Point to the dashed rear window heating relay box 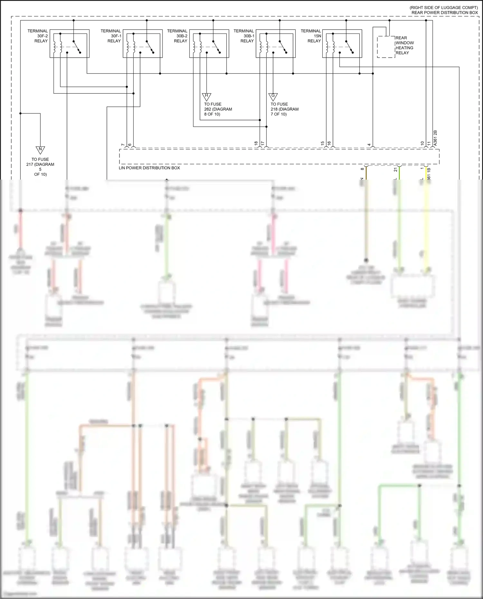[x=386, y=47]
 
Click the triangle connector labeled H [x=206, y=96]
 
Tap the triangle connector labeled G [x=273, y=96]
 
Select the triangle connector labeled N [x=40, y=150]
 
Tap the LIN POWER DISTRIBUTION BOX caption [x=149, y=168]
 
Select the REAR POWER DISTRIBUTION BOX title [x=444, y=13]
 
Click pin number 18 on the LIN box [x=256, y=144]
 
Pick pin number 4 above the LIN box [x=369, y=145]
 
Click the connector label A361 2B [x=435, y=138]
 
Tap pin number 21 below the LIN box [x=395, y=170]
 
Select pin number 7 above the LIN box [x=123, y=145]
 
